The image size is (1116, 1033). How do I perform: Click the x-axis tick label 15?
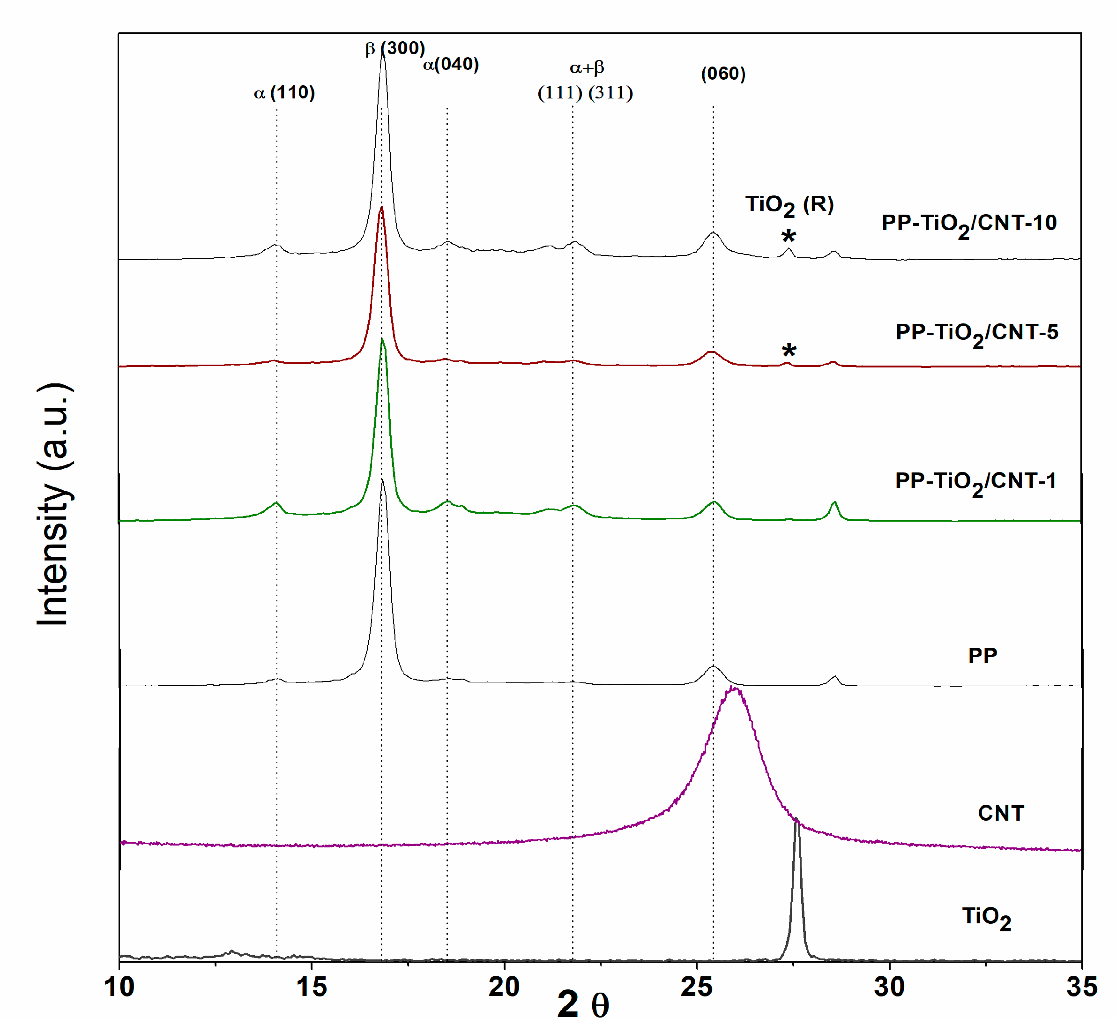311,987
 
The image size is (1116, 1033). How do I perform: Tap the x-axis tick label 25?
696,987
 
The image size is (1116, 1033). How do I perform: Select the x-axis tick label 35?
1081,987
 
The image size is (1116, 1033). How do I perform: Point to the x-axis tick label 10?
119,987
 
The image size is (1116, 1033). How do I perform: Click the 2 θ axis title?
582,1005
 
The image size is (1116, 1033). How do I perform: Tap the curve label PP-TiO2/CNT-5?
976,334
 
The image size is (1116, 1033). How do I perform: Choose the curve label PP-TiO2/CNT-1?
975,482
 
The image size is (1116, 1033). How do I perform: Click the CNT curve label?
1000,813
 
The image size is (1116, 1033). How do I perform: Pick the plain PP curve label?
982,656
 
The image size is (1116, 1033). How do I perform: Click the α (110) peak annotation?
284,93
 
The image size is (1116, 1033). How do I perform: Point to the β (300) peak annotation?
394,48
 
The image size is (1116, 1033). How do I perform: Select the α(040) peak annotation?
450,65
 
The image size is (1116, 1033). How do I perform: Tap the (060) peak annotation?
722,73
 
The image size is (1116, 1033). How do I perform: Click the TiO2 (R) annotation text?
789,205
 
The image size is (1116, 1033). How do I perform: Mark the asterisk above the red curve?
789,351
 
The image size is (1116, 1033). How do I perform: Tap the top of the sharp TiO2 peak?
797,821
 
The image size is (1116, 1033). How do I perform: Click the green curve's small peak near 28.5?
834,502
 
